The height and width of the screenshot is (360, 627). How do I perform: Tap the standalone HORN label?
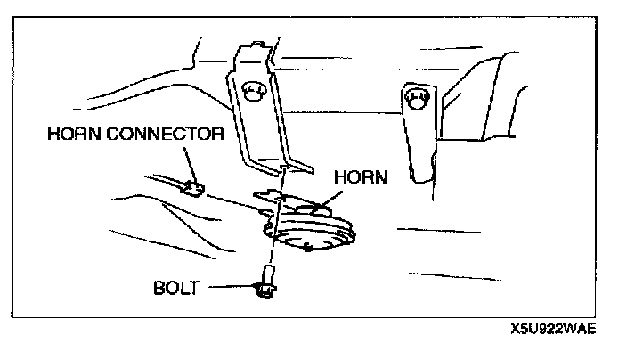pos(360,177)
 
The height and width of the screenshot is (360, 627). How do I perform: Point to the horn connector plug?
pos(192,188)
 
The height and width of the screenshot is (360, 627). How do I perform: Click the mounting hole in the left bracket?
pos(255,92)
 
